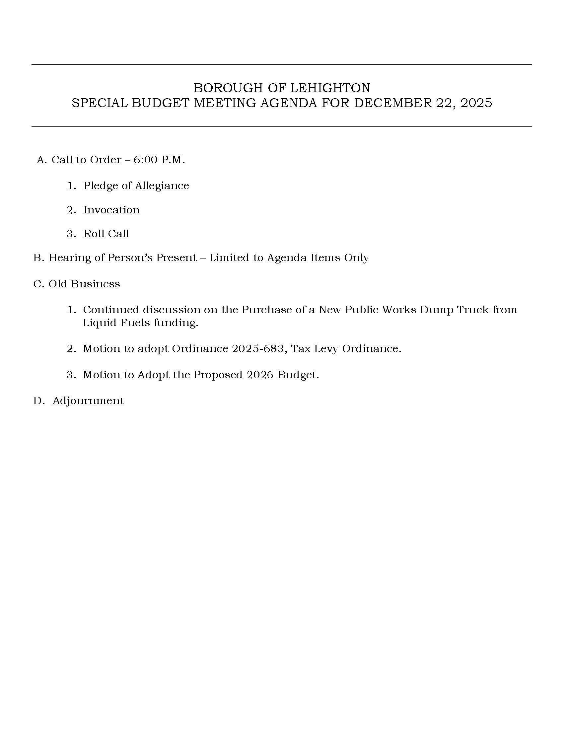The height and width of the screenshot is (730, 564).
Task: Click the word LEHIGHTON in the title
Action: tap(330, 88)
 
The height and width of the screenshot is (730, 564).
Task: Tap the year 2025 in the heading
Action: tap(476, 103)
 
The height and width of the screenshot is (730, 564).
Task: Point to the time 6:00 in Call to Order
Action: tap(145, 160)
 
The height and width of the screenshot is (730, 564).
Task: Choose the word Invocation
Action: tap(111, 210)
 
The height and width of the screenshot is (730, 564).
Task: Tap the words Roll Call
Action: tap(106, 234)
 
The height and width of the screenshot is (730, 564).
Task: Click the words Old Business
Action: tap(84, 284)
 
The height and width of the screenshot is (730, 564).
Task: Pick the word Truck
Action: tap(472, 310)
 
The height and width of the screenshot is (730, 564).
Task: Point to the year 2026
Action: tap(260, 375)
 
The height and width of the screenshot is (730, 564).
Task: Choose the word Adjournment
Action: tap(88, 401)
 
